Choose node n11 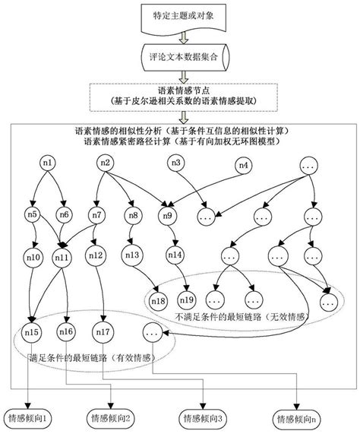[x=62, y=257]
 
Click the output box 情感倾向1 [x=30, y=417]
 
